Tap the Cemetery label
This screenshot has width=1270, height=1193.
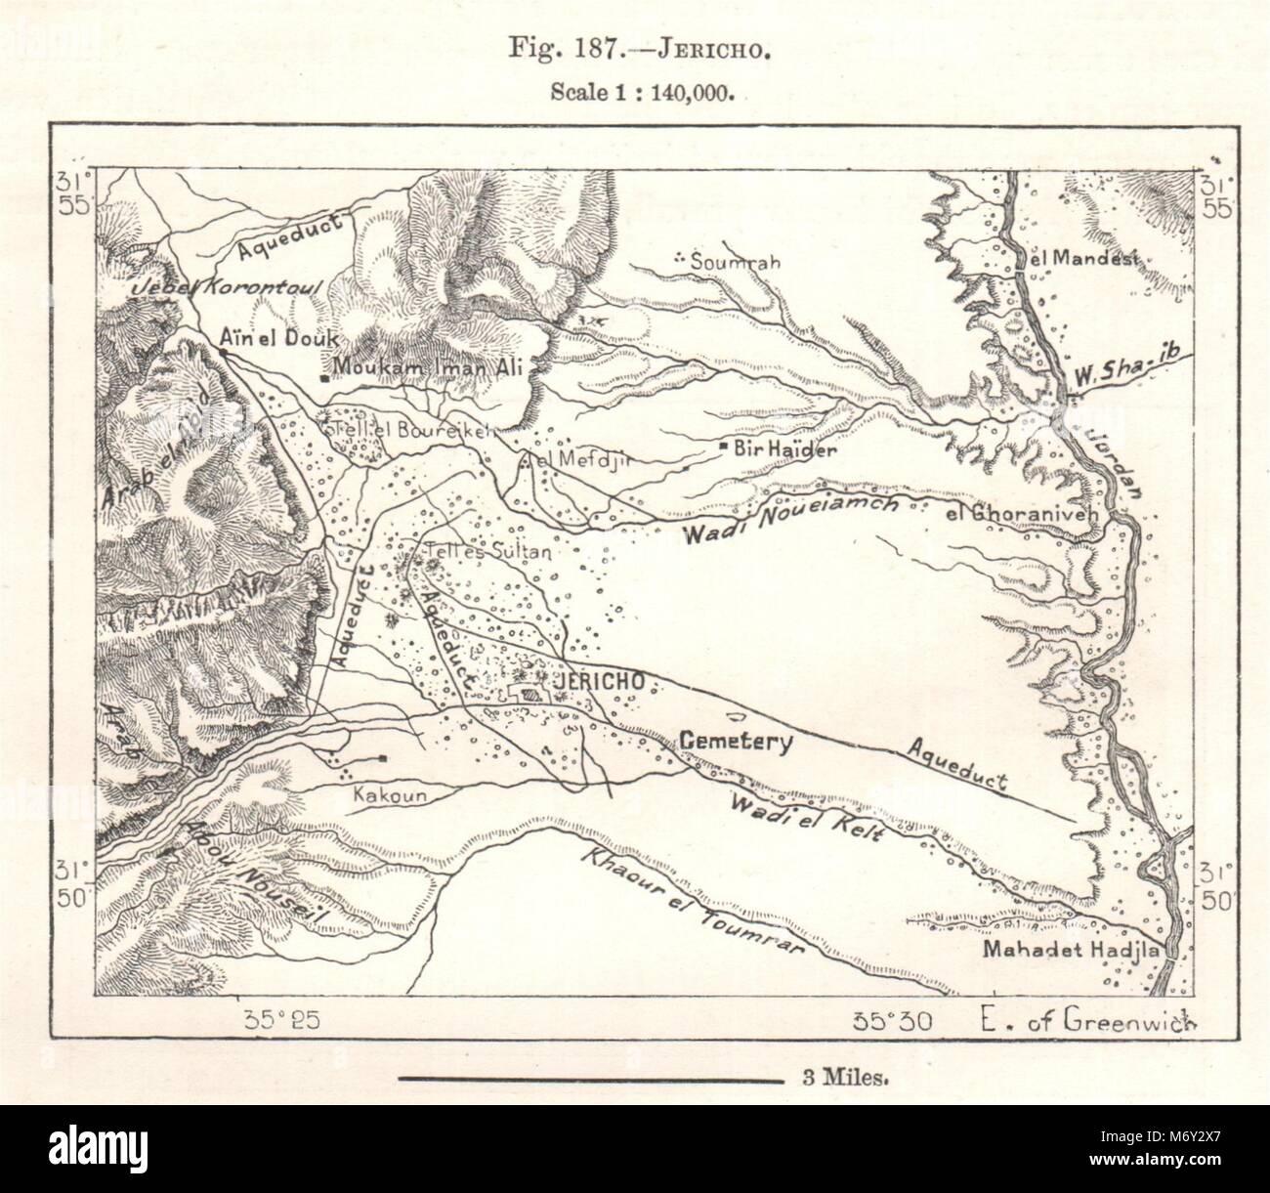(x=735, y=742)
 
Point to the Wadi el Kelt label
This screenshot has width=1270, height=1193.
(x=806, y=817)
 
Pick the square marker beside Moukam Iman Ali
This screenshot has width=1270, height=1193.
(x=324, y=375)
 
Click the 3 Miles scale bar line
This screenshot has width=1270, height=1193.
(x=592, y=1081)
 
